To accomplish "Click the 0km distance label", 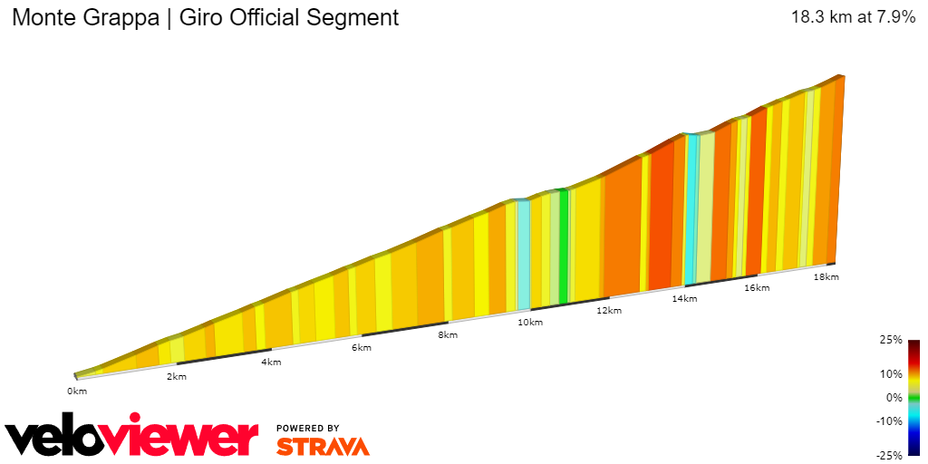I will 77,391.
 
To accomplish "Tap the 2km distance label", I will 176,376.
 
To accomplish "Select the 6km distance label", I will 362,348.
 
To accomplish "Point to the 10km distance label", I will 530,323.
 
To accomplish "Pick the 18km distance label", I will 826,277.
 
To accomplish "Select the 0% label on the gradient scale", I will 894,397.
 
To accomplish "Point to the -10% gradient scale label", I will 891,420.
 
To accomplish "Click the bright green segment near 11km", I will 564,246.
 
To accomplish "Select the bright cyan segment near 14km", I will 691,208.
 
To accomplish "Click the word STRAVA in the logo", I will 323,447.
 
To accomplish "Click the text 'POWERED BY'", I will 308,428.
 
